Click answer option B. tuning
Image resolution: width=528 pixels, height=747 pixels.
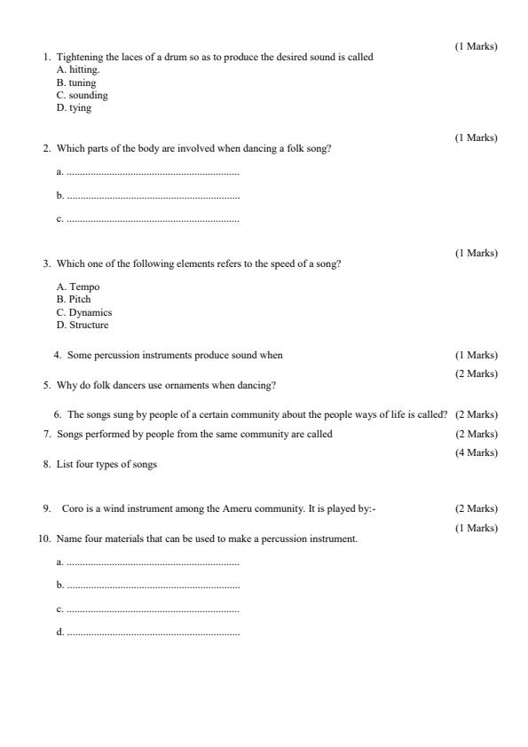(x=76, y=83)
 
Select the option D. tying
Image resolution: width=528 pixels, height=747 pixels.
(x=74, y=108)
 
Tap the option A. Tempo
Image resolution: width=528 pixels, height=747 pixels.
(x=78, y=287)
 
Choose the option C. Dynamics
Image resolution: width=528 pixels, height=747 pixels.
(x=84, y=312)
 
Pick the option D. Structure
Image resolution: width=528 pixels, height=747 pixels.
(x=83, y=325)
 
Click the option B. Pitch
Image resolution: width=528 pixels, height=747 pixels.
(x=74, y=299)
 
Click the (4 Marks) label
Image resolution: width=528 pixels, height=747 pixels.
(x=477, y=453)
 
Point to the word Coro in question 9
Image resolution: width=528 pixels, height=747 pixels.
(x=72, y=508)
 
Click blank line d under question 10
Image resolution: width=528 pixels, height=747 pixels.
(x=153, y=633)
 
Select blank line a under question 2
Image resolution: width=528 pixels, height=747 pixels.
(x=153, y=172)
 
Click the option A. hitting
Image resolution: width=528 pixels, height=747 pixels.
(x=78, y=69)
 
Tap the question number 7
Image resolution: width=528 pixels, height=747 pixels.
(x=46, y=434)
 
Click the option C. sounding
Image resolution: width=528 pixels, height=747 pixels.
(x=82, y=95)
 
